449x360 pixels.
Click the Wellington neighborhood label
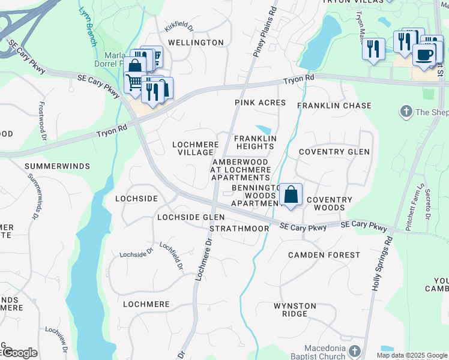pos(187,43)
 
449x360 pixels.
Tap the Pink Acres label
pos(260,103)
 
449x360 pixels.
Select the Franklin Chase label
pos(334,106)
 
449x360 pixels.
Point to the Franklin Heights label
pos(255,142)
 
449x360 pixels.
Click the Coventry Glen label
pos(334,152)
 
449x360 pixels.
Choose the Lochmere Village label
pos(195,148)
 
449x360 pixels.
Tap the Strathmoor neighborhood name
pos(239,229)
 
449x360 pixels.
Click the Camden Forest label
pos(324,255)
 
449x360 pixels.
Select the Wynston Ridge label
pos(295,310)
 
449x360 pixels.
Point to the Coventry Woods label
pos(325,203)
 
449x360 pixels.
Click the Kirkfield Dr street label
pos(179,28)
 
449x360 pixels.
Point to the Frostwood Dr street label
pos(42,120)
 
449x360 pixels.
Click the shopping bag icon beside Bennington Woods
pos(291,195)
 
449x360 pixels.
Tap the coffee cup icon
pos(424,55)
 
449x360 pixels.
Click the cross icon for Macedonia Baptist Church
pos(355,351)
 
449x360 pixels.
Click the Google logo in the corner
pos(19,353)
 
